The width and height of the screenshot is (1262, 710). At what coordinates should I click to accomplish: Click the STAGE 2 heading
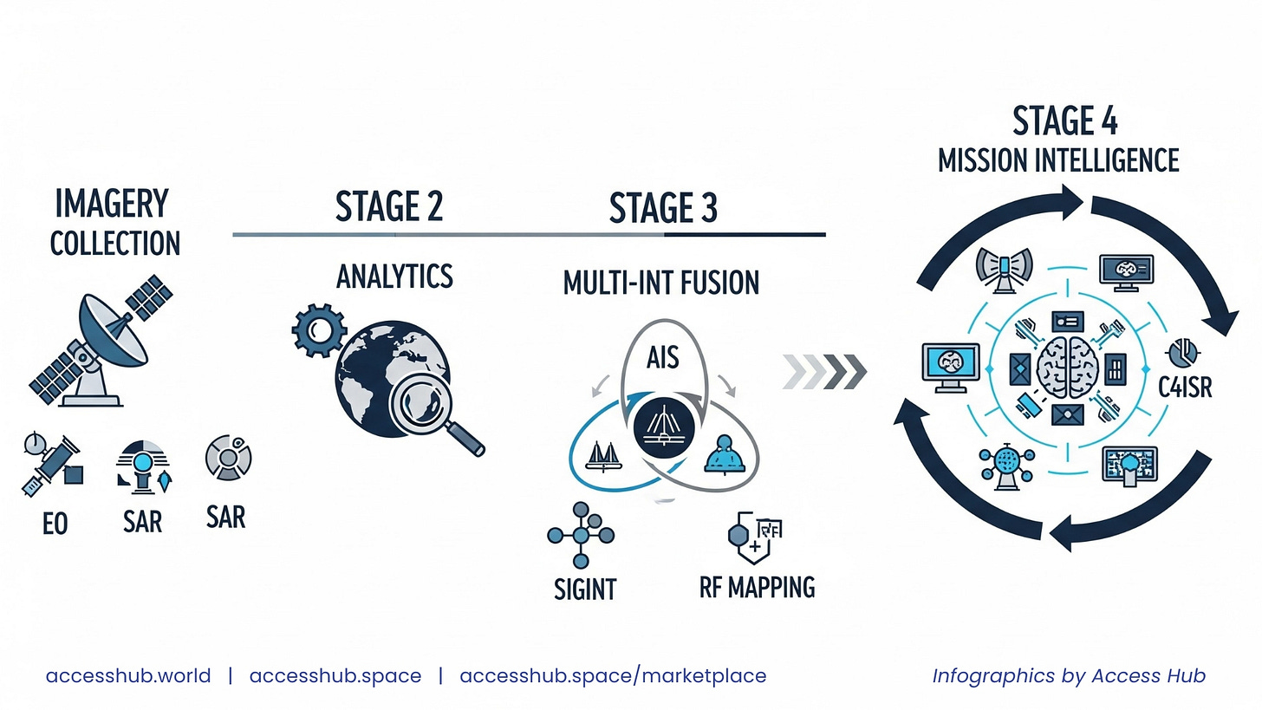[389, 207]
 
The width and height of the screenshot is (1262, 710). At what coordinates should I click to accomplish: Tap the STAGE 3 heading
[663, 209]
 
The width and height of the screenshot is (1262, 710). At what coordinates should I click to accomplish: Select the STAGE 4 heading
[1065, 121]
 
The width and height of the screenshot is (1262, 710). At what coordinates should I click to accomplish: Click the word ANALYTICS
[394, 277]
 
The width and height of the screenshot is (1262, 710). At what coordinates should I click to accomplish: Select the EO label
[55, 524]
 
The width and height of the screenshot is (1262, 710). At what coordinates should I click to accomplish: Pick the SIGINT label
[585, 589]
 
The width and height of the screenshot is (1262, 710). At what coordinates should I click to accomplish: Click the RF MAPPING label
[757, 587]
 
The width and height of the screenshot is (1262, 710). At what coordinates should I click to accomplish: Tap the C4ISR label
[1185, 388]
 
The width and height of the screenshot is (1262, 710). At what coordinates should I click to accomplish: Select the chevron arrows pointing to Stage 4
[823, 371]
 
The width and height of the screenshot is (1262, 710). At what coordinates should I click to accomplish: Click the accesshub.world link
[128, 675]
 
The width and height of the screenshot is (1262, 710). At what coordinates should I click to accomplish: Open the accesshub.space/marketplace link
[613, 675]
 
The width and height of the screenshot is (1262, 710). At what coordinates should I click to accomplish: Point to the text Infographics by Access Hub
[1069, 675]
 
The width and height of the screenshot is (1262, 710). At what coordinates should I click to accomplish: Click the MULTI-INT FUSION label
[660, 283]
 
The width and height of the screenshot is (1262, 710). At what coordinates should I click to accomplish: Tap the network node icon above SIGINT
[580, 534]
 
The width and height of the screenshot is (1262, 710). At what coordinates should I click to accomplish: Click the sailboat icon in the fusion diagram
[604, 456]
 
